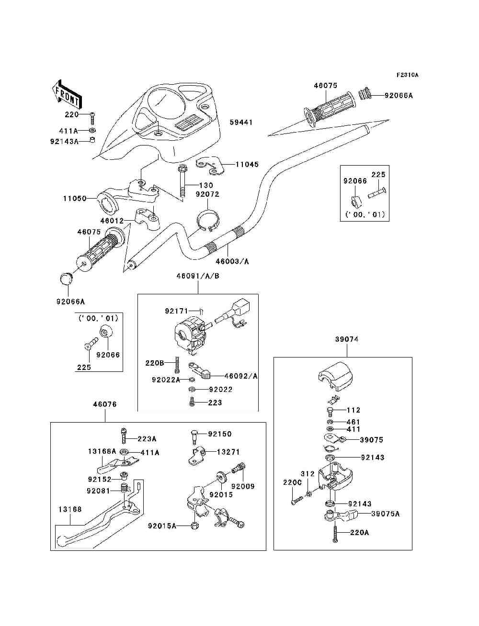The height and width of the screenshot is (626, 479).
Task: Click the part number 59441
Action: [241, 123]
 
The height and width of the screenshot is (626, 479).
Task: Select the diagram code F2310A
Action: [407, 75]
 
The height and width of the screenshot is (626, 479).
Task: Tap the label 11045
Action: [247, 164]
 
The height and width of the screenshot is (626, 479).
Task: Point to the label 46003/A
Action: [232, 261]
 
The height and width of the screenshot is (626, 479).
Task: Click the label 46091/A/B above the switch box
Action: [198, 276]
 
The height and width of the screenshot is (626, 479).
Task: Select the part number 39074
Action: [347, 339]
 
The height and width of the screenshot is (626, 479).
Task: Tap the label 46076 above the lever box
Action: [105, 404]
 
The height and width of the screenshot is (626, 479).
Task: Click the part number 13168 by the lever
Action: [70, 509]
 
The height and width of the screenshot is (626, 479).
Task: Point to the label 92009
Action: [243, 486]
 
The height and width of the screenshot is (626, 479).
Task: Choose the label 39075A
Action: [386, 514]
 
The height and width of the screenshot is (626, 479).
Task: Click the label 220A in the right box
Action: [359, 533]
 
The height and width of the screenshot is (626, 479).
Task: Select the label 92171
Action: [176, 311]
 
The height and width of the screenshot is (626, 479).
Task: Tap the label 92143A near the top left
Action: [64, 141]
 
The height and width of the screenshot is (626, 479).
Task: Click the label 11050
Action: [75, 198]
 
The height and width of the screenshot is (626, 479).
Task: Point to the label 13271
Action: [228, 452]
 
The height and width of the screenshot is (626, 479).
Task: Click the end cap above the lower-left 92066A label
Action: [67, 279]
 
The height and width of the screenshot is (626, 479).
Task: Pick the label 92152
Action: [100, 479]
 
